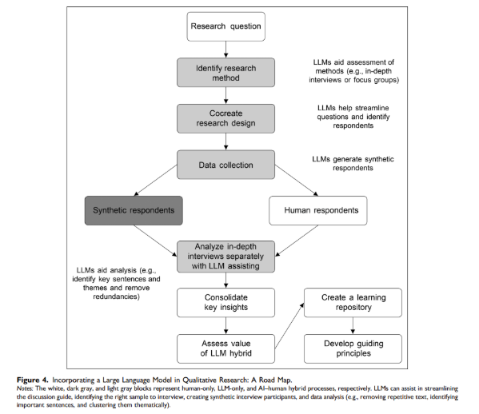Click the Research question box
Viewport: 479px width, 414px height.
point(226,26)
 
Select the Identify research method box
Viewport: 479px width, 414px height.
point(226,73)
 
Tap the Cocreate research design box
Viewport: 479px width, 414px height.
point(226,118)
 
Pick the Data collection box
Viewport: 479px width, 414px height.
point(226,165)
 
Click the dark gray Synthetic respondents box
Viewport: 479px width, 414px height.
point(134,211)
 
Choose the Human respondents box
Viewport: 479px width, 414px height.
point(318,211)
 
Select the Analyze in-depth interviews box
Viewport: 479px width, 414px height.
point(226,257)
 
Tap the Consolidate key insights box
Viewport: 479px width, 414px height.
point(226,303)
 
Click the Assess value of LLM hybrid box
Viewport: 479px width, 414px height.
point(226,348)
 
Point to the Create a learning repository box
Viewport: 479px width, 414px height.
point(353,303)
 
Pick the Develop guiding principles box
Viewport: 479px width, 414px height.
point(353,348)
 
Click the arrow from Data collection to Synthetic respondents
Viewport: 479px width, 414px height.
point(155,180)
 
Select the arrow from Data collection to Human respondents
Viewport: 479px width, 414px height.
point(297,180)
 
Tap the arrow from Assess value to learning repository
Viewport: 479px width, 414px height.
point(289,325)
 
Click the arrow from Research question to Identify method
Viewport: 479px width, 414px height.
point(226,50)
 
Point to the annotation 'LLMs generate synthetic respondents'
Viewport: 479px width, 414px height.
point(353,163)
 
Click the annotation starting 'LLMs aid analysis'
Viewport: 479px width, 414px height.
point(116,284)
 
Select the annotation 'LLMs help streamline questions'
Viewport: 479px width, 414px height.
point(353,117)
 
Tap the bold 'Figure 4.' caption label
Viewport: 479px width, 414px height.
point(32,380)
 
